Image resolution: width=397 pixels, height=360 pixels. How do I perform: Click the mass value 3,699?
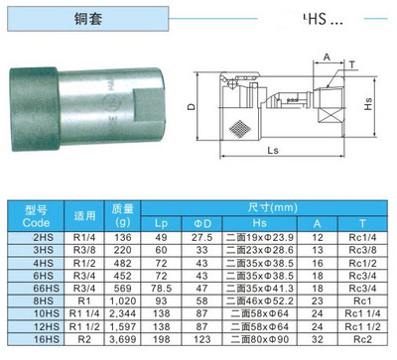point(123,340)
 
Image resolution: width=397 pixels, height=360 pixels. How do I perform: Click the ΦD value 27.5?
point(203,237)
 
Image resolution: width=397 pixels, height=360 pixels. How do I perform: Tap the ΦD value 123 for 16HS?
point(203,340)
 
